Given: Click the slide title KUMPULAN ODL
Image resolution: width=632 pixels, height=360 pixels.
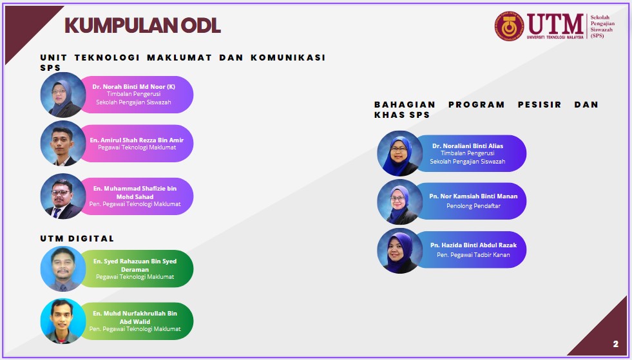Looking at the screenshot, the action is [x=142, y=25].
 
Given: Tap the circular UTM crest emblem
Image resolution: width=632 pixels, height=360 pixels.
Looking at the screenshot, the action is [x=510, y=26].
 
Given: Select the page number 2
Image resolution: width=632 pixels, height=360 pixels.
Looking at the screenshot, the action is [x=615, y=344].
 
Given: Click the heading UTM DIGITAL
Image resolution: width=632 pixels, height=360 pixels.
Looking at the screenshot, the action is [x=77, y=239].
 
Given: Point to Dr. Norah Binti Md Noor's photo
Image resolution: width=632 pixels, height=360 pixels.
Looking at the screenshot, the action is [x=63, y=95].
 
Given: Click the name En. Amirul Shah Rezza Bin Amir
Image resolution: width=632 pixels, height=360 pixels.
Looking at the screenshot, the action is [x=137, y=140].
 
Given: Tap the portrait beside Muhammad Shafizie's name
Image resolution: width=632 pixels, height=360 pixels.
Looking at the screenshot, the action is [x=63, y=196].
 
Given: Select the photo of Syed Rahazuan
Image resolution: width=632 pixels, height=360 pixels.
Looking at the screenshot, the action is [x=63, y=269].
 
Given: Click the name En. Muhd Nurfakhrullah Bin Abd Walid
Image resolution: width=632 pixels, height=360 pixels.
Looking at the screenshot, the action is [x=135, y=317].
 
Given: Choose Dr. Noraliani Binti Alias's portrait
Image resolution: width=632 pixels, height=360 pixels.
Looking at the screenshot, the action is [x=400, y=153].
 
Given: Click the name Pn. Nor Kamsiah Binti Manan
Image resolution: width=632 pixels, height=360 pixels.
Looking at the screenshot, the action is [x=473, y=196].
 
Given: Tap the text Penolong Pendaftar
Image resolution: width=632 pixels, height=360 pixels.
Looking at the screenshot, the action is [x=473, y=206].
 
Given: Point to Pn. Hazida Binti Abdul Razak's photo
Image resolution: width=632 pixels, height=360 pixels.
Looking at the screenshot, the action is [x=400, y=251].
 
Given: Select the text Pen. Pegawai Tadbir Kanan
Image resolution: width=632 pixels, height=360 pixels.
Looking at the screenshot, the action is [x=473, y=255].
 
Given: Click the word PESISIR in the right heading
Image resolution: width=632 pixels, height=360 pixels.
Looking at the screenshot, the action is [x=540, y=104].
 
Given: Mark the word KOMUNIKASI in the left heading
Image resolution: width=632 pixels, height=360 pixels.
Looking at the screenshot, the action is [x=288, y=58].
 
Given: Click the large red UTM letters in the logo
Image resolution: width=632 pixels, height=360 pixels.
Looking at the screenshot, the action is [x=555, y=24].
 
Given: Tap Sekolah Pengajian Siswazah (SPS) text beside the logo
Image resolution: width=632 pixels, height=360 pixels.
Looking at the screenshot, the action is [x=602, y=26].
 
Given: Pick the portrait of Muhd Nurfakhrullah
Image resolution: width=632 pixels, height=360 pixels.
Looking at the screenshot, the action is [x=63, y=321].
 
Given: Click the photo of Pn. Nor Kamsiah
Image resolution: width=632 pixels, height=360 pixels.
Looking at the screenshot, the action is [x=400, y=202].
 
